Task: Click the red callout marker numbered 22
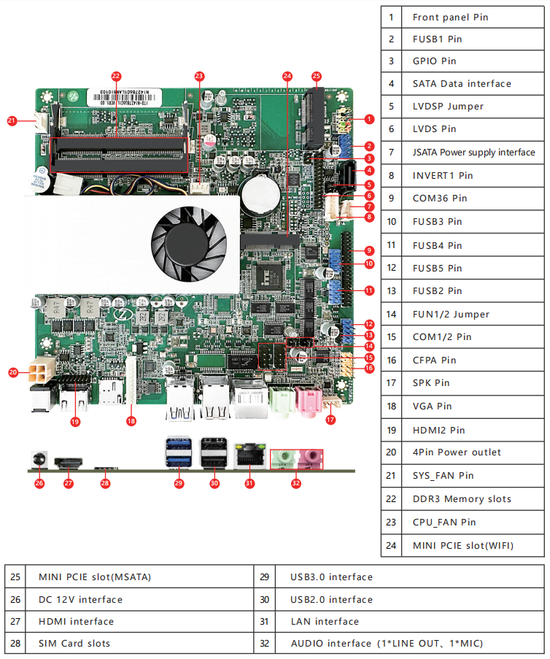tap(116, 76)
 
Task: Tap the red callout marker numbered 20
tap(13, 372)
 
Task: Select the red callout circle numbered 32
tap(295, 483)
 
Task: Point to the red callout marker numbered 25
tap(316, 76)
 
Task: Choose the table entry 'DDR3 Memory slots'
tap(462, 499)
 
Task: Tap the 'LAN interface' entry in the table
tap(325, 621)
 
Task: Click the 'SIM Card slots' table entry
tap(74, 643)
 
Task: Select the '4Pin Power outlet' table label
tap(457, 452)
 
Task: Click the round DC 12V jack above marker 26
tap(39, 460)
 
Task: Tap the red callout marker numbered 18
tap(131, 420)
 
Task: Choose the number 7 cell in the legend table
tap(392, 153)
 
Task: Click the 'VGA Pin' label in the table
tap(433, 406)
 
